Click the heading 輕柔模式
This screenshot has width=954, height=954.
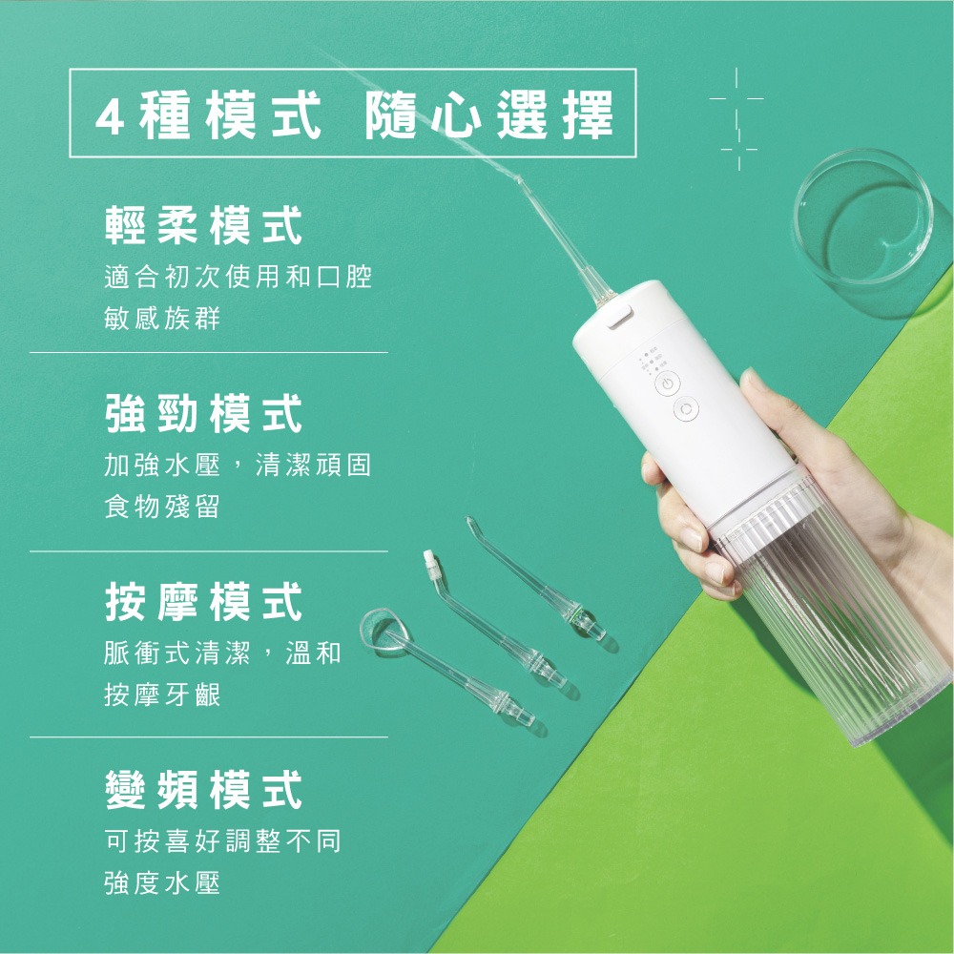(204, 225)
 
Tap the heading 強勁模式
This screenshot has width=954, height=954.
(204, 413)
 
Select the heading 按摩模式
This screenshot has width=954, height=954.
(204, 601)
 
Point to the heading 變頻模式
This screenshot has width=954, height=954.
(204, 789)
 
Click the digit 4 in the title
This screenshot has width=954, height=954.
(110, 116)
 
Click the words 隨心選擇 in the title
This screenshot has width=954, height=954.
(488, 115)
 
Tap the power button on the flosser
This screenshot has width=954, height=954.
(668, 384)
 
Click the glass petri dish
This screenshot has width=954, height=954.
(862, 218)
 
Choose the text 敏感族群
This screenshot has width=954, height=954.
(162, 318)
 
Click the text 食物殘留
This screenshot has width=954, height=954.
(162, 507)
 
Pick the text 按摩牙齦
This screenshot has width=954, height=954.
(162, 695)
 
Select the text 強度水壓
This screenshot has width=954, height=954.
(162, 882)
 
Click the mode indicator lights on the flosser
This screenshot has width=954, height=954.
(653, 360)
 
